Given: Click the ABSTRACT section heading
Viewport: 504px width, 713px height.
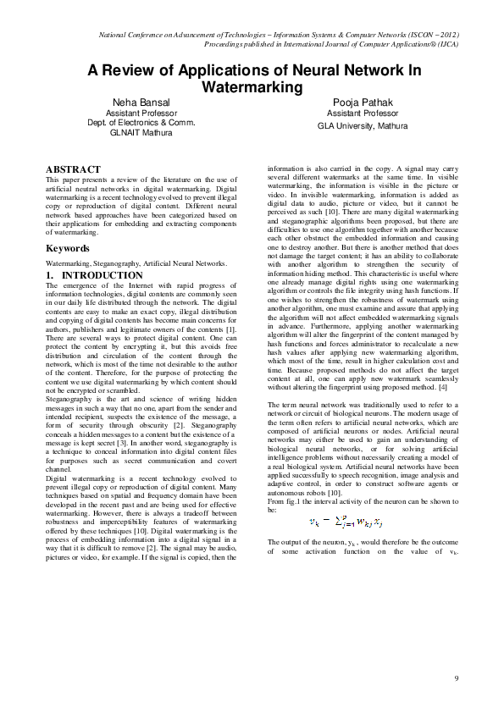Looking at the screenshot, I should (73, 169).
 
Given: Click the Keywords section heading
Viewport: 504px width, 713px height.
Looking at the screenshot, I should (68, 249).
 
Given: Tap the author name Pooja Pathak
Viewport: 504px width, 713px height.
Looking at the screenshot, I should (363, 102).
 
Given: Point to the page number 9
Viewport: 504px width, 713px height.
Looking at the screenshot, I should (456, 677).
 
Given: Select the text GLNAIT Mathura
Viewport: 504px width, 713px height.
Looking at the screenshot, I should (141, 133).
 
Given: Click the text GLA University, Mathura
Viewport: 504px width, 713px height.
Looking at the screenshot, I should (363, 124).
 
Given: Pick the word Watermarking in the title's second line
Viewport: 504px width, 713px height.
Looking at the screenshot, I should (252, 86).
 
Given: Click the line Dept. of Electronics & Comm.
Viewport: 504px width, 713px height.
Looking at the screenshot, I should (141, 123).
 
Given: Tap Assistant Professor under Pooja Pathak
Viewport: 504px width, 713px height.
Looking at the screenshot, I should (363, 113).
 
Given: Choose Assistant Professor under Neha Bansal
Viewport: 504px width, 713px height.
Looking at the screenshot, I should (141, 113).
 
